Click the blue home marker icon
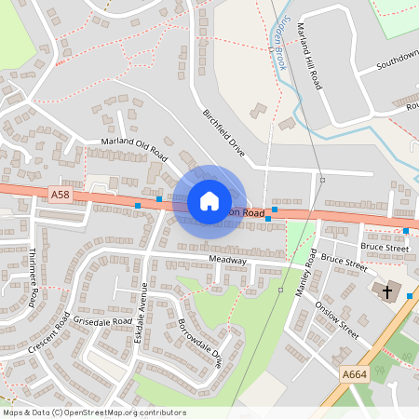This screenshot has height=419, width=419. pos(209,201)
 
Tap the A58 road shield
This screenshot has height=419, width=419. pos(60,194)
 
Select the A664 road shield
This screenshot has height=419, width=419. pos(354,374)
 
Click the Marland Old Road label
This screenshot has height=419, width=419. pos(132,148)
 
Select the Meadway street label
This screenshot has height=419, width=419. pos(227,260)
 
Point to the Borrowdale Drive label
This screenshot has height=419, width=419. pos(200,344)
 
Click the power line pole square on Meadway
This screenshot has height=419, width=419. pos(280,290)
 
